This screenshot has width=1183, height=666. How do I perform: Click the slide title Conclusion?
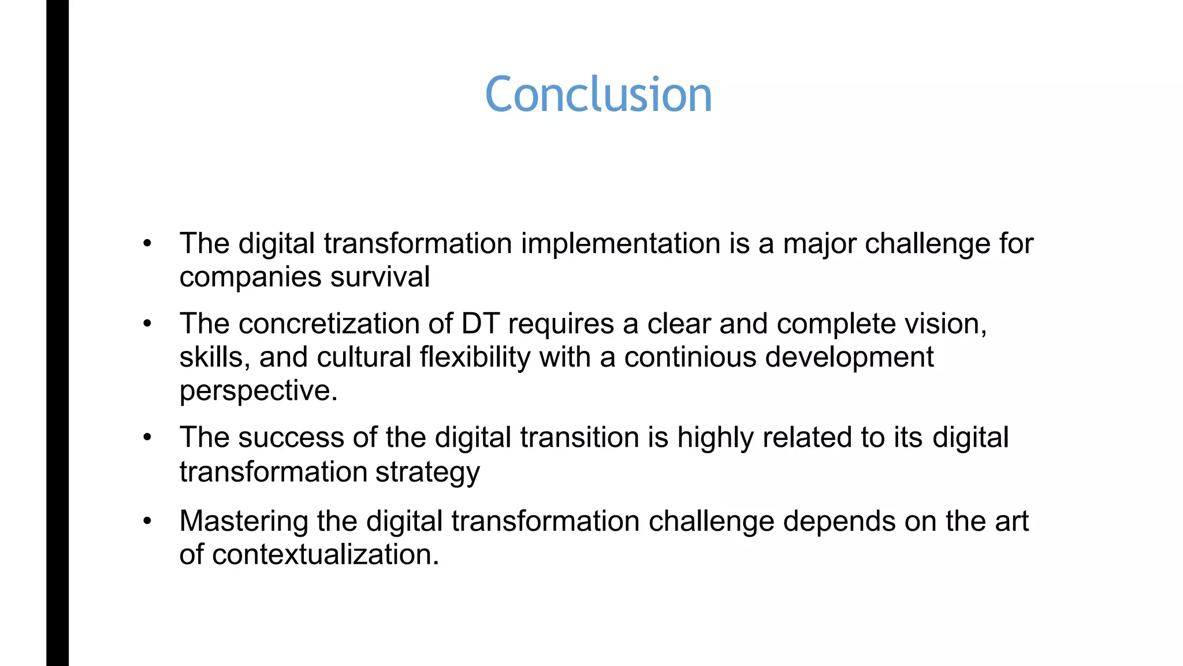598,94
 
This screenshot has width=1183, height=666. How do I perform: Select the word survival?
380,277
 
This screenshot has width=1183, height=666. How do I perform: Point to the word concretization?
329,324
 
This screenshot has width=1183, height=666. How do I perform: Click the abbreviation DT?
480,324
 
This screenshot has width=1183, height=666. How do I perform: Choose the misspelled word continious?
690,357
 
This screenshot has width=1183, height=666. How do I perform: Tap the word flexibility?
475,357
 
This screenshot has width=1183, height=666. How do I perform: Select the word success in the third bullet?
291,438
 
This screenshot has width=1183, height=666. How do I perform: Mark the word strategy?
427,472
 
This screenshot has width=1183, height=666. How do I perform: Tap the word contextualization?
323,555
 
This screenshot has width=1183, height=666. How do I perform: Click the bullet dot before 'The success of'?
147,438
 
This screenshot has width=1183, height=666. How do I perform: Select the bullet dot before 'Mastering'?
147,521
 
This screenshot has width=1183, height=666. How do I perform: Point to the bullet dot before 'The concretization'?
147,324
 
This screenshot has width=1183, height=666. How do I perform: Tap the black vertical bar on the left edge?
57,333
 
